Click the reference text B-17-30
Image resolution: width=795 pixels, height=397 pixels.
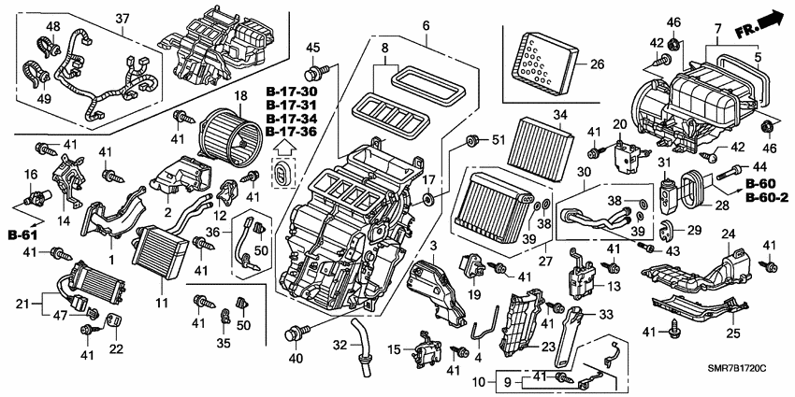click(291, 92)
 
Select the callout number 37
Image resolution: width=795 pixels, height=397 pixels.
click(123, 20)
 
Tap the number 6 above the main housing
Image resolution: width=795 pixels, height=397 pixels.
click(426, 25)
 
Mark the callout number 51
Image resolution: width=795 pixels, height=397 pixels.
click(499, 141)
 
